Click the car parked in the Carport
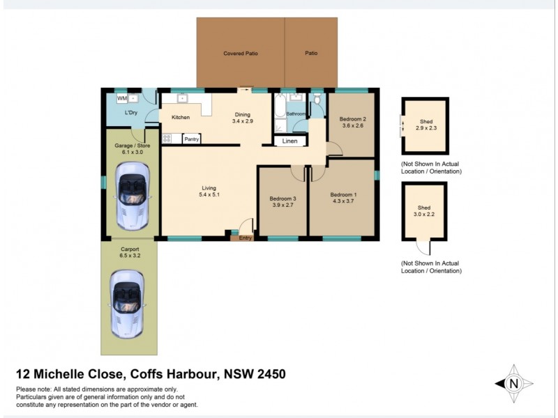click(x=128, y=304)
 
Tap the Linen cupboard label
click(x=289, y=141)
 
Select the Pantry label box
click(x=192, y=139)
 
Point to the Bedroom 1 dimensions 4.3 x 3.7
click(x=343, y=201)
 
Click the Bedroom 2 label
click(x=354, y=119)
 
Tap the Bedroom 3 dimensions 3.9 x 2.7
click(x=282, y=206)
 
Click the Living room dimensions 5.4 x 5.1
click(x=209, y=195)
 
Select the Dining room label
click(x=242, y=114)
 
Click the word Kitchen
click(x=181, y=117)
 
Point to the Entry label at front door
click(x=246, y=238)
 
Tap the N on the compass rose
click(x=514, y=383)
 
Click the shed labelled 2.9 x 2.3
click(x=425, y=126)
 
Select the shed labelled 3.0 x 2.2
click(x=423, y=211)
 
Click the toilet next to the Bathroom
click(x=317, y=102)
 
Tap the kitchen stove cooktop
click(x=167, y=139)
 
